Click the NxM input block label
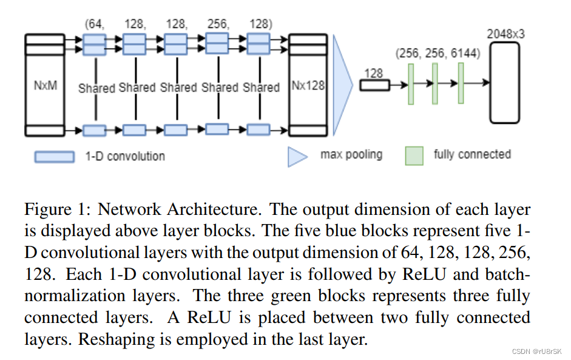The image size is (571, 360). pos(46,86)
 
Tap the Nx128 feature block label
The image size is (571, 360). pos(308,86)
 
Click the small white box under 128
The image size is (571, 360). pos(374,85)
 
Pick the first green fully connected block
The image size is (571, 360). pos(411,84)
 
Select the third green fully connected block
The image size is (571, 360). pos(461,83)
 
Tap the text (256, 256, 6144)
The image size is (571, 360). pos(438,53)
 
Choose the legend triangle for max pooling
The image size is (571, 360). pos(298,155)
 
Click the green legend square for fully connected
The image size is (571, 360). pos(414,155)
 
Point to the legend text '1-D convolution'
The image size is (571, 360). pos(124,157)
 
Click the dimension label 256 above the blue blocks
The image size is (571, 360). pos(217,24)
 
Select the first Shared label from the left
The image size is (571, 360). pos(96,88)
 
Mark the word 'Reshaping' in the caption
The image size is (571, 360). pos(107,339)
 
